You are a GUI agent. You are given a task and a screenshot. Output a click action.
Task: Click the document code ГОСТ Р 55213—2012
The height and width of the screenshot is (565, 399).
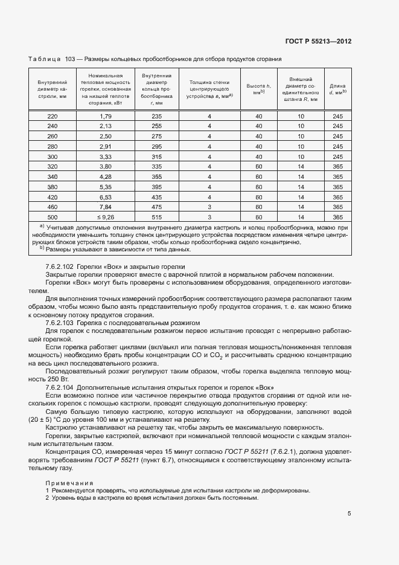point(318,42)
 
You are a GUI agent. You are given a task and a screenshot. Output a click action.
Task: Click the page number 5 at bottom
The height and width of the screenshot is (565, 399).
point(350,514)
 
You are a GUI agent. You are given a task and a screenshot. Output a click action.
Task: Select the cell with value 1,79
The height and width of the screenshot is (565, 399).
point(106,116)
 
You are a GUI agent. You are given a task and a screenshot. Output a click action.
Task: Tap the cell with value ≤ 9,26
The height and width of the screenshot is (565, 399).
point(106,217)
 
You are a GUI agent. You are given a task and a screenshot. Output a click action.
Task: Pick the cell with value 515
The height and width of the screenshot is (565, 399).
point(157,217)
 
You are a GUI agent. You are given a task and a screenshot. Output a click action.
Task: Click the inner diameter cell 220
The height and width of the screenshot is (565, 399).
point(53,116)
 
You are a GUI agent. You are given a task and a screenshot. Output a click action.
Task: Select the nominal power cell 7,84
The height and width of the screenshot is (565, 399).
point(106,207)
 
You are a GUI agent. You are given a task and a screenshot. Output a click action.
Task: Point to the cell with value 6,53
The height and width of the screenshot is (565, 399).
point(106,197)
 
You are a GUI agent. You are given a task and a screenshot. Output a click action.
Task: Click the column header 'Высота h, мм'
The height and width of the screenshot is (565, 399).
point(259,88)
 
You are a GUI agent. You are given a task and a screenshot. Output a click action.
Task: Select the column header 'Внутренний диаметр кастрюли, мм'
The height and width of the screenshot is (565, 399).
point(53,88)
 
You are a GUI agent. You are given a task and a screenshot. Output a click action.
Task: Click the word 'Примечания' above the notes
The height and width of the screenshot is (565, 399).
point(69,482)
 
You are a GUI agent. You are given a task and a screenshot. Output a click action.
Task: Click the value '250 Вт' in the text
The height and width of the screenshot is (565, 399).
point(58,379)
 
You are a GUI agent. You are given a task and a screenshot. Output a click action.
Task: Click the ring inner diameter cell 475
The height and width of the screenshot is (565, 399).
point(157,207)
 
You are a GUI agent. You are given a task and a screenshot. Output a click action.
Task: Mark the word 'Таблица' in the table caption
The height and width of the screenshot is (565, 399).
point(45,59)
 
